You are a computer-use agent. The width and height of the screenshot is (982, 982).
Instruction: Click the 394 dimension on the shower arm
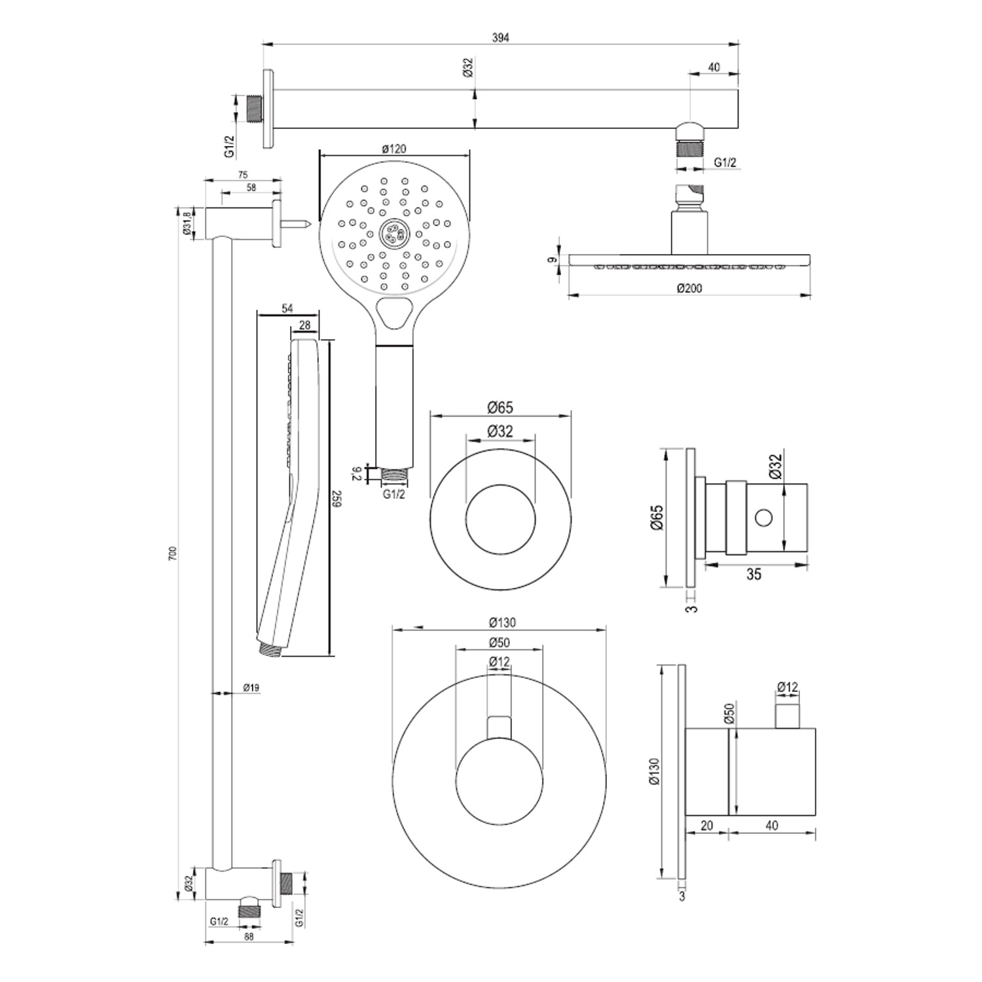tap(500, 37)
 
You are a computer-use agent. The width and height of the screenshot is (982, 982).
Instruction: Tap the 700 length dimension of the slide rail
tap(173, 554)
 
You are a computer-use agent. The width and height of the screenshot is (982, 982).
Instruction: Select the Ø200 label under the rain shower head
tap(689, 288)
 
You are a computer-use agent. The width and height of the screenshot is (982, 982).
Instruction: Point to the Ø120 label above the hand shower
tap(394, 149)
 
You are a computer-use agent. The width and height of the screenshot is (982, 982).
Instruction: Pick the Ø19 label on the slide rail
tap(251, 687)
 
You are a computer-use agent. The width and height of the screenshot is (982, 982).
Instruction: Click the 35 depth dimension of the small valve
tap(754, 574)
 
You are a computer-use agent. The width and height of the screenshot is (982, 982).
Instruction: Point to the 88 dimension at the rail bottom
tap(249, 936)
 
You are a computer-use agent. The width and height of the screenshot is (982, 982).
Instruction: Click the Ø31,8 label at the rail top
tap(186, 223)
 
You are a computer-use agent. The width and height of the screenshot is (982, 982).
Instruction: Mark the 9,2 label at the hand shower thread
tap(357, 473)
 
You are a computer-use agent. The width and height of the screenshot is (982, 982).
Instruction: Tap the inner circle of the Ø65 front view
tap(500, 520)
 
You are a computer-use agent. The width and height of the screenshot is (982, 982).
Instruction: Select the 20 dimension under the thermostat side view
tap(706, 826)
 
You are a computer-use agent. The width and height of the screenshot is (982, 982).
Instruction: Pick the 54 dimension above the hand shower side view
tap(287, 309)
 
